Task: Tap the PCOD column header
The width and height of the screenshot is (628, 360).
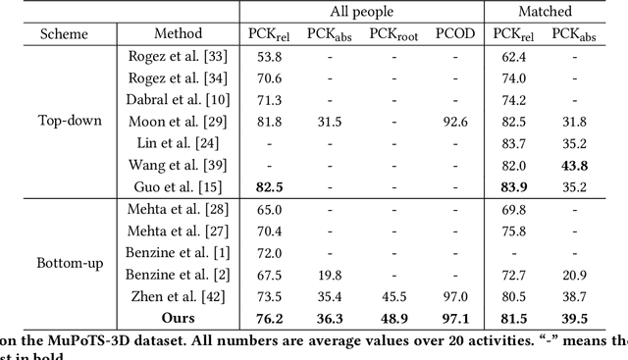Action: pyautogui.click(x=455, y=34)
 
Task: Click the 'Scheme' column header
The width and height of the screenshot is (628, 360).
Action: pyautogui.click(x=63, y=34)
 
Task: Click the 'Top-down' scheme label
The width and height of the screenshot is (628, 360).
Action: pyautogui.click(x=63, y=122)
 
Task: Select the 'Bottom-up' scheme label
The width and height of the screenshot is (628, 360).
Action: pyautogui.click(x=63, y=264)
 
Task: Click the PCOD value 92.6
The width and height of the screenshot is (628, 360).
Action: pyautogui.click(x=455, y=122)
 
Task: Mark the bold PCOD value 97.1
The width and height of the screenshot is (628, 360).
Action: pyautogui.click(x=455, y=318)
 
